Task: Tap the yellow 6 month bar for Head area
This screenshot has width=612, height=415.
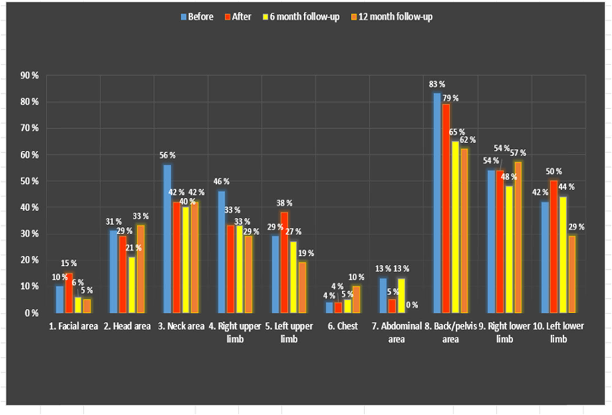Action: coord(132,285)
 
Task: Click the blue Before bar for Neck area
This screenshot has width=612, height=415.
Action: coord(167,239)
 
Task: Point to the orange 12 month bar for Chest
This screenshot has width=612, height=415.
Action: coord(356,300)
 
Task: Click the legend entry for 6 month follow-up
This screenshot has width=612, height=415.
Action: coord(301,17)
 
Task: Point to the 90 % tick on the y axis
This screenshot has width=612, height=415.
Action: coord(30,76)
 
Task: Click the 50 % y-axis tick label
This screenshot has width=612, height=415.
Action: coord(30,181)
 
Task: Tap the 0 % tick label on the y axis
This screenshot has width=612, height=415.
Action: coord(32,313)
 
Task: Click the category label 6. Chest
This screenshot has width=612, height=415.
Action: coord(343,326)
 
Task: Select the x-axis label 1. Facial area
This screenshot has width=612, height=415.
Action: coord(73,326)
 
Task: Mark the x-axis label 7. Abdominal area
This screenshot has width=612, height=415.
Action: coord(397,332)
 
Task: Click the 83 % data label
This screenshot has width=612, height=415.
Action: coord(437,84)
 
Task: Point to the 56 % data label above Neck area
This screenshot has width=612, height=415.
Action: coord(167,155)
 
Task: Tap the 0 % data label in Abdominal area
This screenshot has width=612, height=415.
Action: coord(412,305)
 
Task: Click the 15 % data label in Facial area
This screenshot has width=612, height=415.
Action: coord(69,263)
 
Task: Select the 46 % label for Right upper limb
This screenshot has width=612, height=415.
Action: coord(221,181)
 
